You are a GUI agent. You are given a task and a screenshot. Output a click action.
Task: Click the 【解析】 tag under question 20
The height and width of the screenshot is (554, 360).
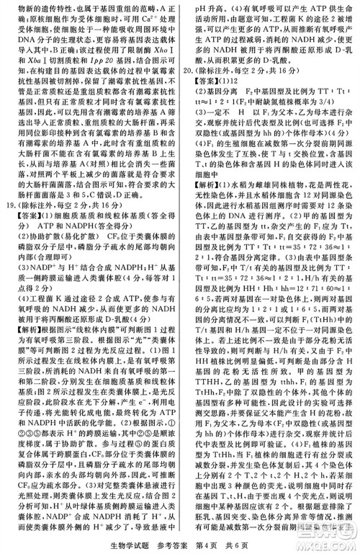pos(207,184)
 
